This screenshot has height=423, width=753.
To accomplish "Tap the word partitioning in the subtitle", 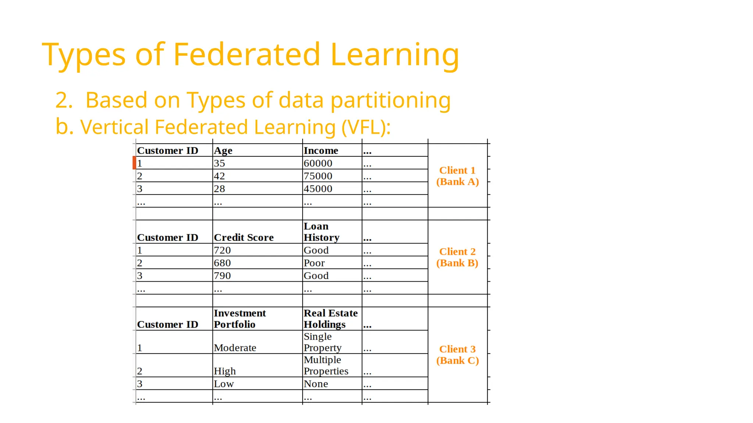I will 390,100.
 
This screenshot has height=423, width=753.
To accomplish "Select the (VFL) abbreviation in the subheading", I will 366,127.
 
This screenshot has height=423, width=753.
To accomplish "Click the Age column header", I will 223,151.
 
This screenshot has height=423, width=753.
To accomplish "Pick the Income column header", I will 321,151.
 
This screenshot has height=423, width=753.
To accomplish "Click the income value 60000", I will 318,163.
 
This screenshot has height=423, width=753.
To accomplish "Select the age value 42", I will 220,176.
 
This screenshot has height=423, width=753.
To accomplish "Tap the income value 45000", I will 318,189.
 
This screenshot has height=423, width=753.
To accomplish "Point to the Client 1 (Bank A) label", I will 457,176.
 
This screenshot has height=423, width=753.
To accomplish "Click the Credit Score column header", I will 244,238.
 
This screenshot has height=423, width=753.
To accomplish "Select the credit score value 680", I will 222,263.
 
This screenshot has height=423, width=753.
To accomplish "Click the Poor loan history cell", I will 314,263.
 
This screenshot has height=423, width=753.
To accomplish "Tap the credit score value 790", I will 222,276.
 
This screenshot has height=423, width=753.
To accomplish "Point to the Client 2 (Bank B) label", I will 457,257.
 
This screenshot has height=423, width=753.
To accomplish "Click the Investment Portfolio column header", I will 240,319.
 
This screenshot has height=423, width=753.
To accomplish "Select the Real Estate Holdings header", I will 330,319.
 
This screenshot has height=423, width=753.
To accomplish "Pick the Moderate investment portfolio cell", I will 235,348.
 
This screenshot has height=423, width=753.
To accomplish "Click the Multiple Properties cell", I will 325,365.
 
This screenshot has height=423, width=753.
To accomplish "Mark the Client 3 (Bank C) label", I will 457,355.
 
